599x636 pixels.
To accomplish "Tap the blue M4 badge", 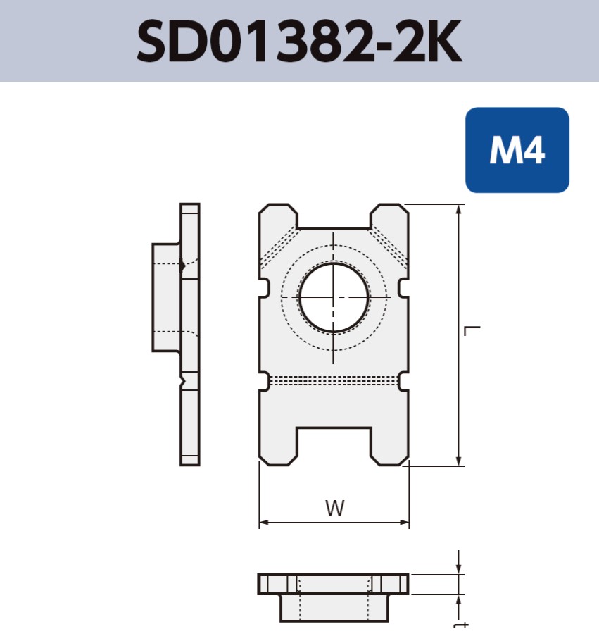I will [x=517, y=150].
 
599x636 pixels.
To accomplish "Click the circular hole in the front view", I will [x=334, y=297].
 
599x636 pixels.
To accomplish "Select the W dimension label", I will [x=335, y=509].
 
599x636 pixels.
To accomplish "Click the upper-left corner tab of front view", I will [x=278, y=216].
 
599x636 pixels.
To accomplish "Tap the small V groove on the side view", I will [x=184, y=381].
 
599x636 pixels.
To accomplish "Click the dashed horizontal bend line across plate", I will [x=334, y=380].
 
